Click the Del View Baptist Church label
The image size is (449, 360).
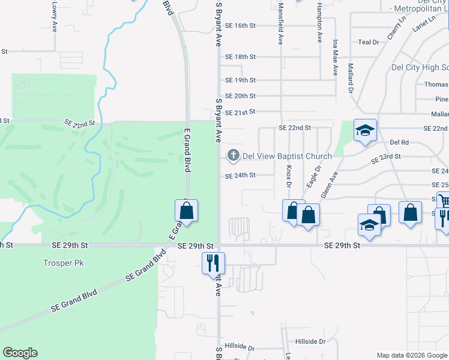click(287, 157)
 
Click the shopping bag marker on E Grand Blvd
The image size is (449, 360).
click(186, 211)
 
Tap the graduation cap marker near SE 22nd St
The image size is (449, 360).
click(365, 131)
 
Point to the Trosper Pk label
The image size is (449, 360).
click(58, 263)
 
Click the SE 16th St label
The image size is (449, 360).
click(240, 26)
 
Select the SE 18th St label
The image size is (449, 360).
click(240, 57)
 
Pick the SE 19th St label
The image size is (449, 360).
click(240, 80)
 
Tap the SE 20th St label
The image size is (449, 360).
click(240, 96)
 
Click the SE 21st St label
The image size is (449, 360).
click(240, 112)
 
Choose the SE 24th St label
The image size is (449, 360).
click(240, 176)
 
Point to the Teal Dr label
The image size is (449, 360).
click(369, 42)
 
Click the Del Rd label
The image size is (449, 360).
click(399, 142)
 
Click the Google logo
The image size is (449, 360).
click(20, 353)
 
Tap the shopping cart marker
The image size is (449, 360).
click(444, 201)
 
